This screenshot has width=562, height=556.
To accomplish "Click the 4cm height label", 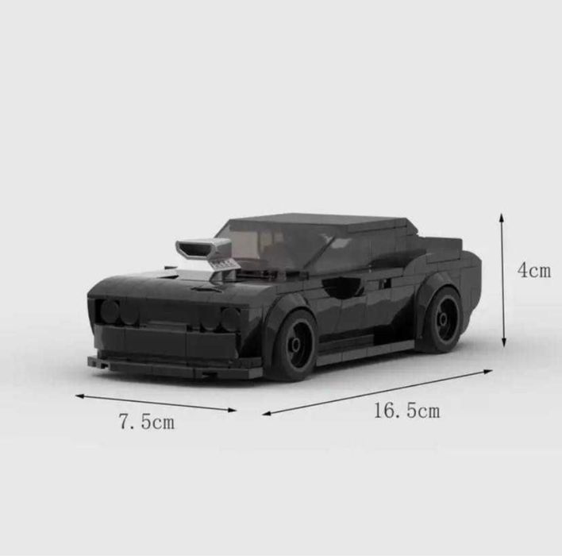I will click(x=533, y=271).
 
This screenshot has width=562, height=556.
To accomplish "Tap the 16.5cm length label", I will click(x=406, y=411).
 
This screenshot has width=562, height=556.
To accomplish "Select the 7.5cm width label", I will click(x=146, y=422).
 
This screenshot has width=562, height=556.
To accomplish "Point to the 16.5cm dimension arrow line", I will click(x=377, y=392).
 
